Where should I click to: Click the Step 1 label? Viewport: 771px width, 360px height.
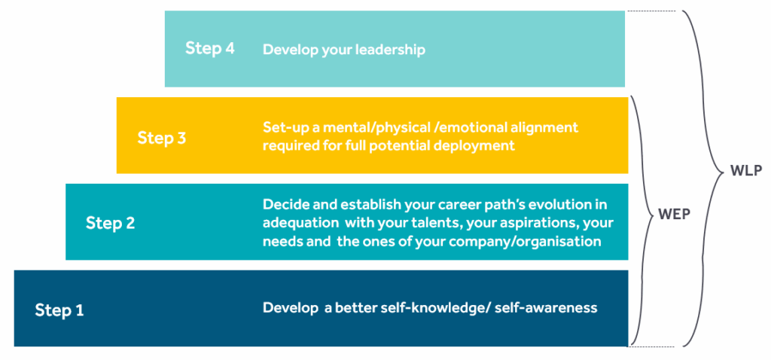pyautogui.click(x=59, y=310)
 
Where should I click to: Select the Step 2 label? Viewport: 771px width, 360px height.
pyautogui.click(x=110, y=223)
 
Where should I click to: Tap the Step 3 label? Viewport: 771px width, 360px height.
pyautogui.click(x=161, y=138)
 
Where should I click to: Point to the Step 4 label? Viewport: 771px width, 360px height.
pyautogui.click(x=209, y=48)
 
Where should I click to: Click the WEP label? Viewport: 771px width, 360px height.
pyautogui.click(x=674, y=215)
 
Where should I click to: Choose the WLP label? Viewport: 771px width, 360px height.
pyautogui.click(x=746, y=171)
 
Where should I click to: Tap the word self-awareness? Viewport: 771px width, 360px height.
pyautogui.click(x=547, y=308)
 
